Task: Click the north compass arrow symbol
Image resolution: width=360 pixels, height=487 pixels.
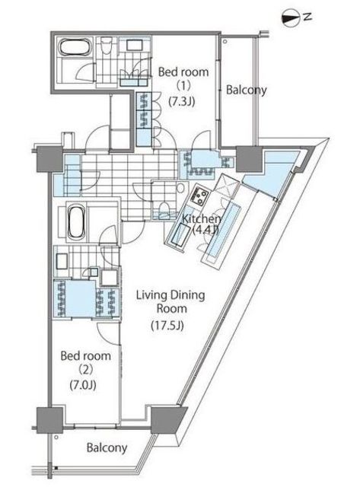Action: pos(291,18)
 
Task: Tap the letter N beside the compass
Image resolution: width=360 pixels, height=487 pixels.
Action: pos(307,17)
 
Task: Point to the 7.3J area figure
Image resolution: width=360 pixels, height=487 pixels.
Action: pos(182,101)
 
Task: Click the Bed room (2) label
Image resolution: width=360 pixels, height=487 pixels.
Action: pos(85,362)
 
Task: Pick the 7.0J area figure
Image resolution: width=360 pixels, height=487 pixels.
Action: pos(83,385)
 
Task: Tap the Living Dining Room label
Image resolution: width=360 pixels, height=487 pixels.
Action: pos(170,301)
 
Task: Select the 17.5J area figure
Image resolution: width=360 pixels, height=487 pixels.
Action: pos(167,326)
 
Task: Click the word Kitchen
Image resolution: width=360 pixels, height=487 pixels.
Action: pos(201,218)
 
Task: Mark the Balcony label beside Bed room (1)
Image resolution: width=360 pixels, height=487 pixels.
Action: pos(247,90)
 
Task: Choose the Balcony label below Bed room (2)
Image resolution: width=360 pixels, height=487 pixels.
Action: pos(107,447)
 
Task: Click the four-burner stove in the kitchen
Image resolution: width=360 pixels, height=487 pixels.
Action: pos(199,196)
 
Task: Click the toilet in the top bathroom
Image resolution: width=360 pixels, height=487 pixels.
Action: pos(107,46)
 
